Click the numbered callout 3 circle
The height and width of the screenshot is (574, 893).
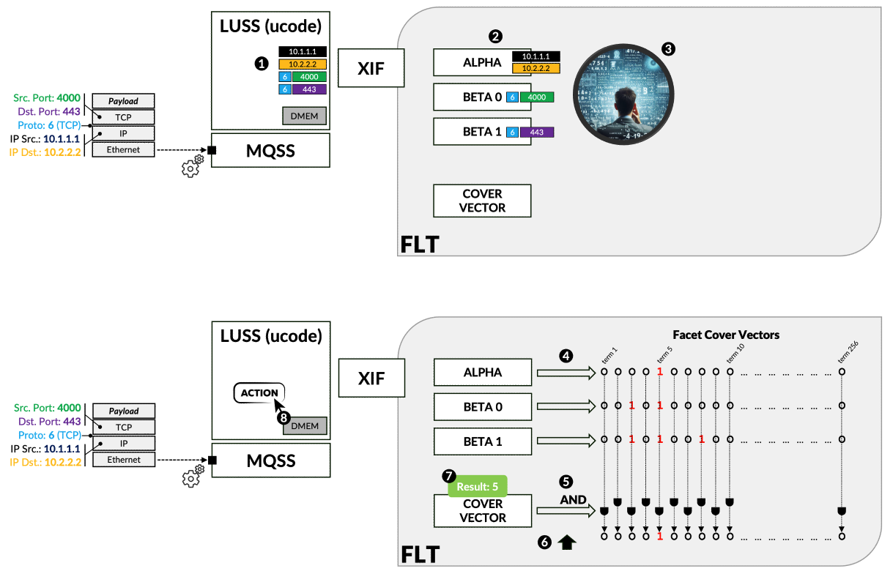click(x=667, y=48)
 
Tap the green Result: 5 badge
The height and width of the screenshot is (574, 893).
click(x=478, y=486)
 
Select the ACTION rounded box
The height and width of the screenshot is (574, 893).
click(x=259, y=393)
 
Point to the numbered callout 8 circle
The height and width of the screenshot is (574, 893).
click(x=284, y=418)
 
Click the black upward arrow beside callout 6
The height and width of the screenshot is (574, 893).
click(x=566, y=543)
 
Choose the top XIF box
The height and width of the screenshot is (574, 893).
click(x=371, y=69)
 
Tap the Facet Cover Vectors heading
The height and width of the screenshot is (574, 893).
click(x=726, y=335)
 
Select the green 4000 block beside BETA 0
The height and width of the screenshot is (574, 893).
click(x=537, y=97)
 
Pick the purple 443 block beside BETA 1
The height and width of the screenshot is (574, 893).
click(x=537, y=133)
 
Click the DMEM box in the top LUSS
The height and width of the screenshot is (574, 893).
click(x=304, y=116)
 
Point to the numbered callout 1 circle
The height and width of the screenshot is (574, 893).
click(x=260, y=64)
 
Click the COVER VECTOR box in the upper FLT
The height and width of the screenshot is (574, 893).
click(x=482, y=201)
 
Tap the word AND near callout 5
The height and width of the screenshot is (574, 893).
click(x=574, y=500)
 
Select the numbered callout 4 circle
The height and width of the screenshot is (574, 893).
click(x=566, y=357)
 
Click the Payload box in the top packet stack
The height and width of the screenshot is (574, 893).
click(x=123, y=101)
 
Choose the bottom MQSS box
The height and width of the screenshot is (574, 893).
click(x=271, y=461)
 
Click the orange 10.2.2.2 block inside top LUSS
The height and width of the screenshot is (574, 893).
click(x=303, y=64)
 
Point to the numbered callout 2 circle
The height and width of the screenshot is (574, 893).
click(x=496, y=36)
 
